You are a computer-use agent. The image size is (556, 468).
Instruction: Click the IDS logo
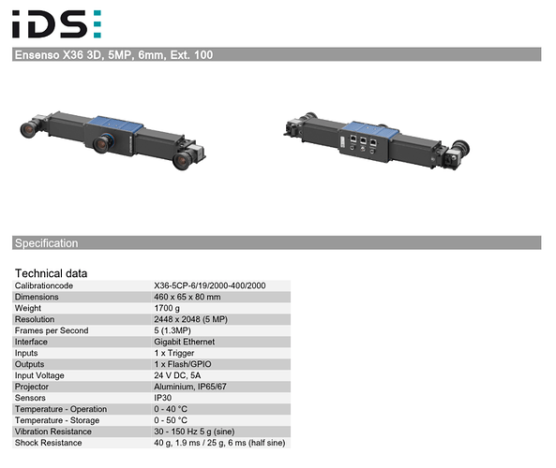[57, 23]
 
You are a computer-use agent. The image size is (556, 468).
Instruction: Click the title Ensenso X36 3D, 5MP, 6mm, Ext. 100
[113, 55]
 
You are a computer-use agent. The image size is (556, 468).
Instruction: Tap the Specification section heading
[47, 243]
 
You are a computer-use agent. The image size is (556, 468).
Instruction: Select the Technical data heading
[51, 273]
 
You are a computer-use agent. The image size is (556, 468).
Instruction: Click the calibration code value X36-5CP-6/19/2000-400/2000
[210, 285]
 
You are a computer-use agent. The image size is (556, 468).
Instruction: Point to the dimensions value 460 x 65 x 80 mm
[188, 297]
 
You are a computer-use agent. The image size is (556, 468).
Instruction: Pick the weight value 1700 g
[167, 308]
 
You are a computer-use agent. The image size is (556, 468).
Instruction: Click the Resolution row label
[35, 319]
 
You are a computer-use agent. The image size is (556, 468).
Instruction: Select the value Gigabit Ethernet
[185, 342]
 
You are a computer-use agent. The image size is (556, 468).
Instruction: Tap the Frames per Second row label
[52, 330]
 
